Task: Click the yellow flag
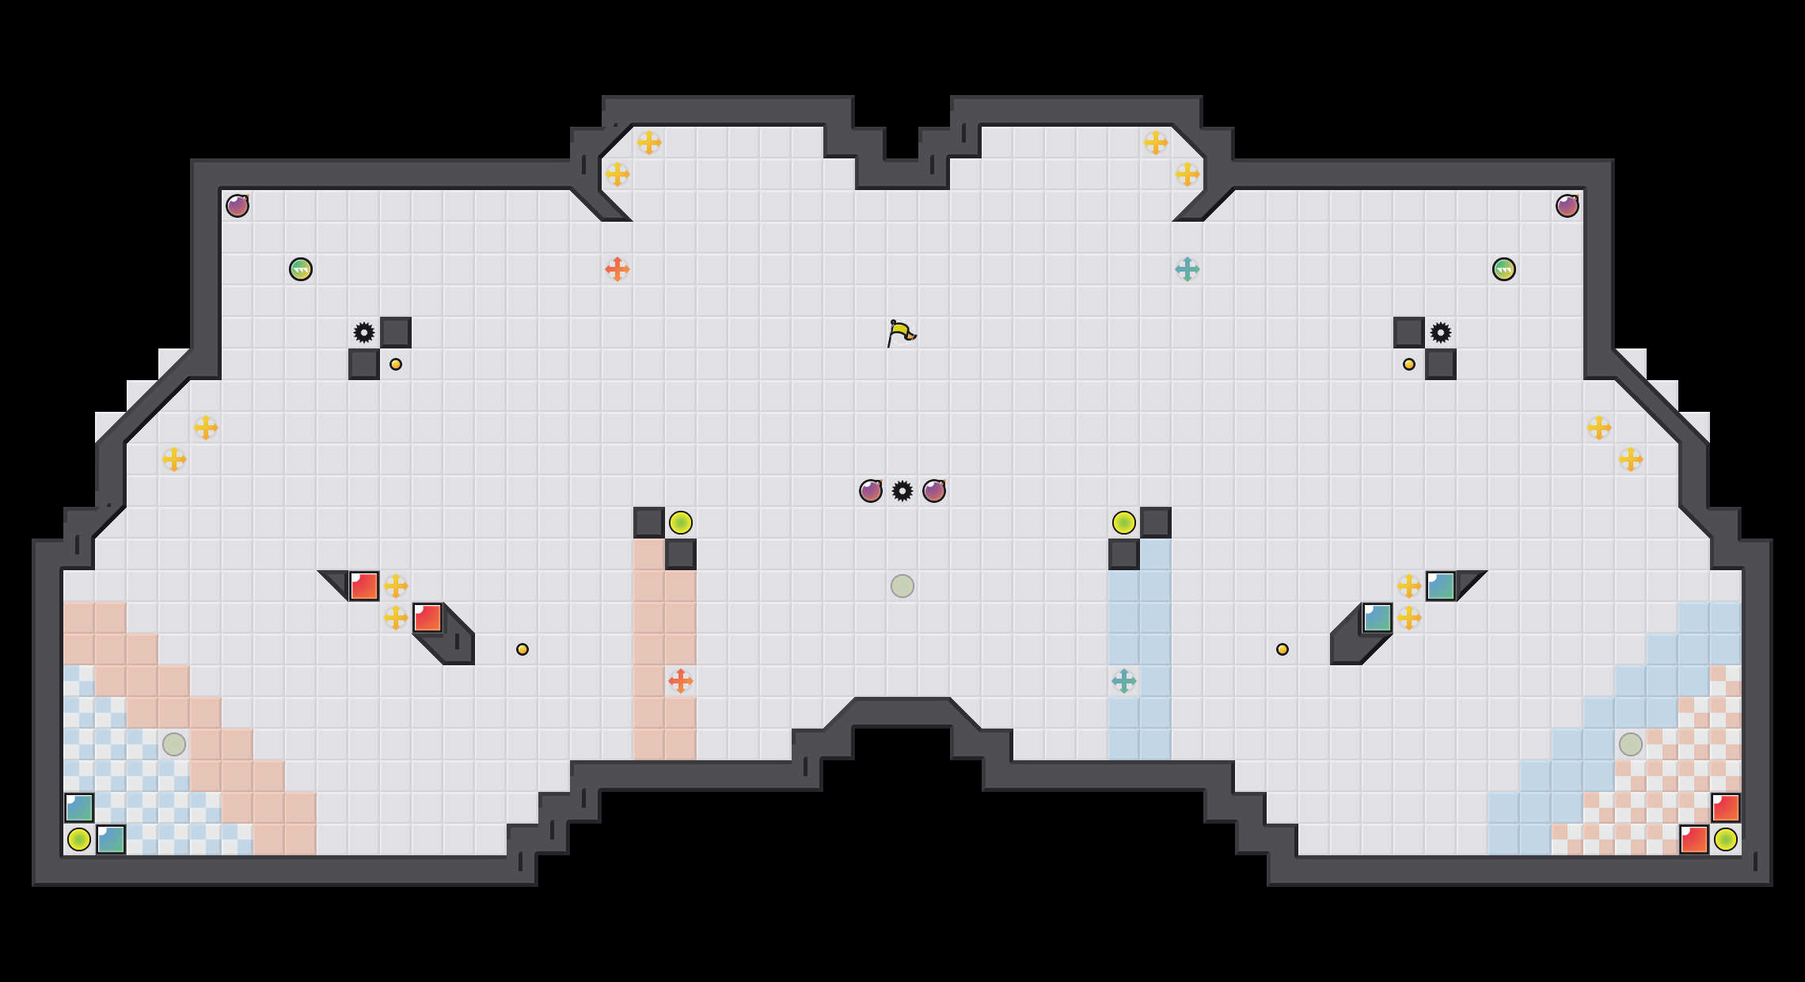click(901, 333)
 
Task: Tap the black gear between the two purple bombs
click(902, 491)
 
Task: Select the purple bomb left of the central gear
click(871, 491)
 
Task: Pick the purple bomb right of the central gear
click(934, 491)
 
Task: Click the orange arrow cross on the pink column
click(681, 681)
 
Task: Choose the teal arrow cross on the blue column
click(1124, 681)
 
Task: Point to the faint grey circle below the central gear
click(902, 586)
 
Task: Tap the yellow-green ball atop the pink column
click(681, 523)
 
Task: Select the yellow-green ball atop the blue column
click(1124, 523)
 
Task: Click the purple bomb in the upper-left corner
click(237, 206)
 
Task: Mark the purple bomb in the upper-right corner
click(1567, 206)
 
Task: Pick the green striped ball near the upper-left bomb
click(301, 269)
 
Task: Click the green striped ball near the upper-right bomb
click(1504, 269)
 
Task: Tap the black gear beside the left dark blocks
click(364, 333)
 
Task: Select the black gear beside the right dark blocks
click(1441, 333)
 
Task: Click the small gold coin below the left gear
click(396, 364)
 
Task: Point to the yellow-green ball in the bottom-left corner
click(79, 839)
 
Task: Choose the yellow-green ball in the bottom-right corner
click(1726, 839)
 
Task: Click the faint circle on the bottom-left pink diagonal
click(174, 744)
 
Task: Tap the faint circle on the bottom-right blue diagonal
click(1631, 744)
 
